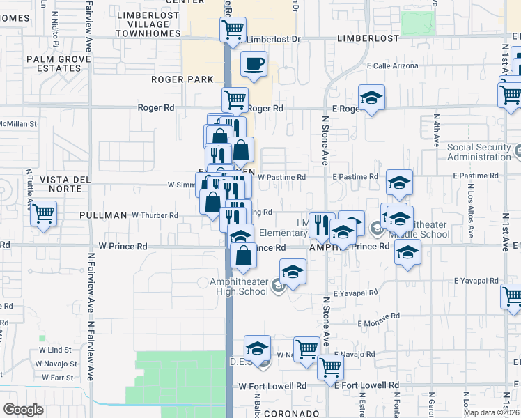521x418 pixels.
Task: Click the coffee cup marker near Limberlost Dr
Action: (x=254, y=64)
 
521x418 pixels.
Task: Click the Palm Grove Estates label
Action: (x=60, y=64)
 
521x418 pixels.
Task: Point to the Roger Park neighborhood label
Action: (x=182, y=79)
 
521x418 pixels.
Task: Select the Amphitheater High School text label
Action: (x=238, y=286)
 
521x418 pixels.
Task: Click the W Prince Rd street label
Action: (x=123, y=246)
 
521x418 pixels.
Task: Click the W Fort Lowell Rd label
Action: (x=272, y=385)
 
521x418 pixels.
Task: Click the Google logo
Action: (x=23, y=410)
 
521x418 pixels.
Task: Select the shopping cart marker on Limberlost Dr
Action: (x=233, y=29)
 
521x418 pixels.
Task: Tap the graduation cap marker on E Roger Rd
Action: (x=372, y=98)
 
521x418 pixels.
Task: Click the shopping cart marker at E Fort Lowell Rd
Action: (x=330, y=366)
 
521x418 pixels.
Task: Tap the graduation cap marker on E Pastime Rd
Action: (x=398, y=183)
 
